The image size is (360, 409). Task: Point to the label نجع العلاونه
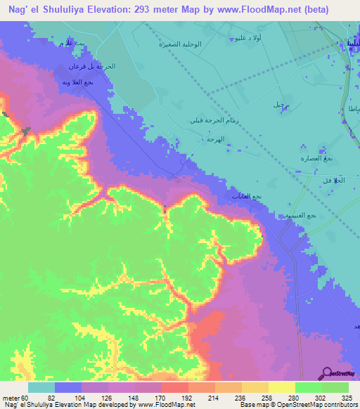coord(77,82)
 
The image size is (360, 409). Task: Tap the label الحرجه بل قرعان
coord(91,66)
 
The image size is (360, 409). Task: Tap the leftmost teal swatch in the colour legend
coord(41,387)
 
